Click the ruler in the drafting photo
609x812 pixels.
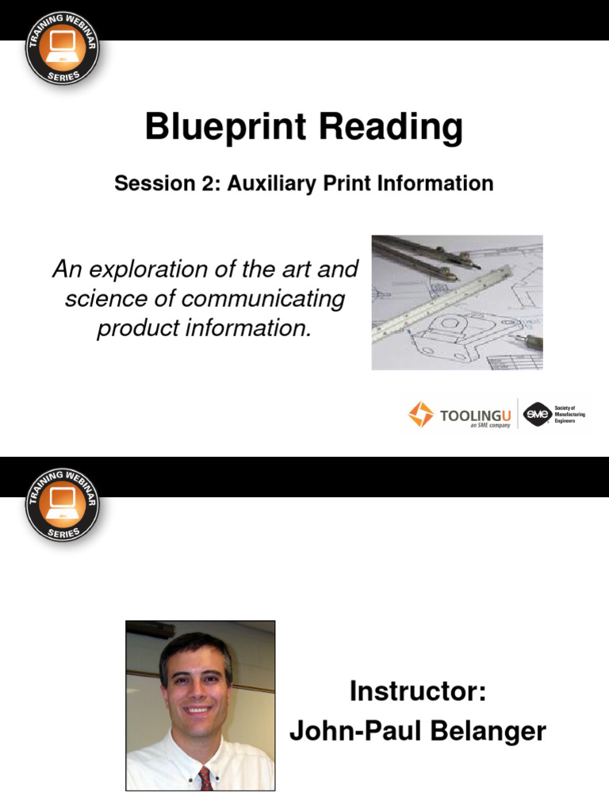[444, 302]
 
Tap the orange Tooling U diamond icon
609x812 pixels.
[421, 414]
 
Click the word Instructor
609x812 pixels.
[417, 692]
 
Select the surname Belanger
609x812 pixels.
[492, 731]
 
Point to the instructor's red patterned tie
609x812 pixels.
[205, 778]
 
